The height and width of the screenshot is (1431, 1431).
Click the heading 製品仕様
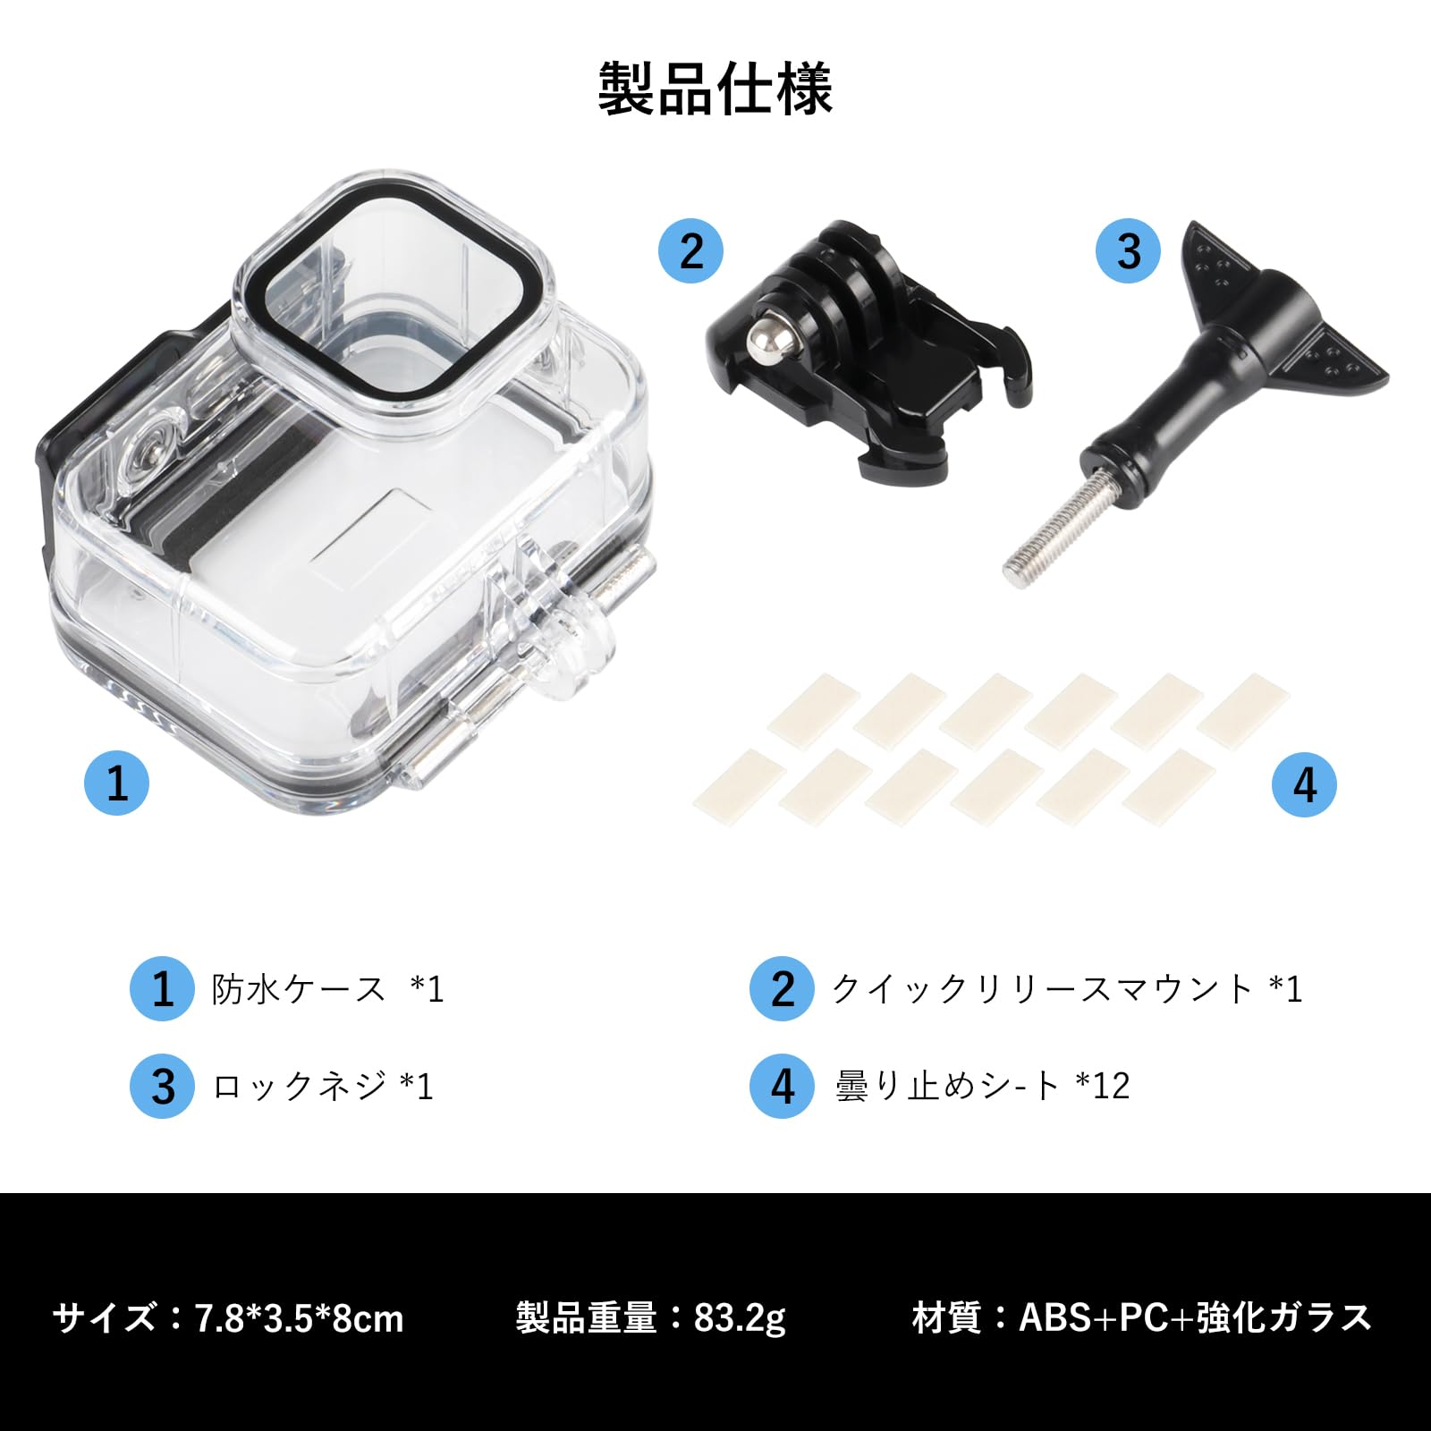(715, 89)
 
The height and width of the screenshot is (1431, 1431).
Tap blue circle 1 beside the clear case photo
(117, 783)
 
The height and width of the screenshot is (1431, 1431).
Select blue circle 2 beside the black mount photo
(691, 251)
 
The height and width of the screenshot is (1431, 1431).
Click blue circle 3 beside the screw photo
(1129, 251)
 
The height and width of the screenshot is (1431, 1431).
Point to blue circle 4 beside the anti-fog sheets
(1304, 784)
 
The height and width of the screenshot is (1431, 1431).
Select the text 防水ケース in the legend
(298, 989)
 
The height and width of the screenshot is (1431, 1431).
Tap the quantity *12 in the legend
(1104, 1086)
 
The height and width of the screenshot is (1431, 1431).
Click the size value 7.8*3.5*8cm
(300, 1319)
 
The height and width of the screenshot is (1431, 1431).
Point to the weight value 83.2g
(740, 1318)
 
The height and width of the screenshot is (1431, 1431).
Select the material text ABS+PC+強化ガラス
(1195, 1317)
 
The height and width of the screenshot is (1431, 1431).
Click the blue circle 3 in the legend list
(162, 1086)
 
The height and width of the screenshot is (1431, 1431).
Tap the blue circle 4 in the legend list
(783, 1086)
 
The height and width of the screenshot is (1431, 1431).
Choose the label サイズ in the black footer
(105, 1318)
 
